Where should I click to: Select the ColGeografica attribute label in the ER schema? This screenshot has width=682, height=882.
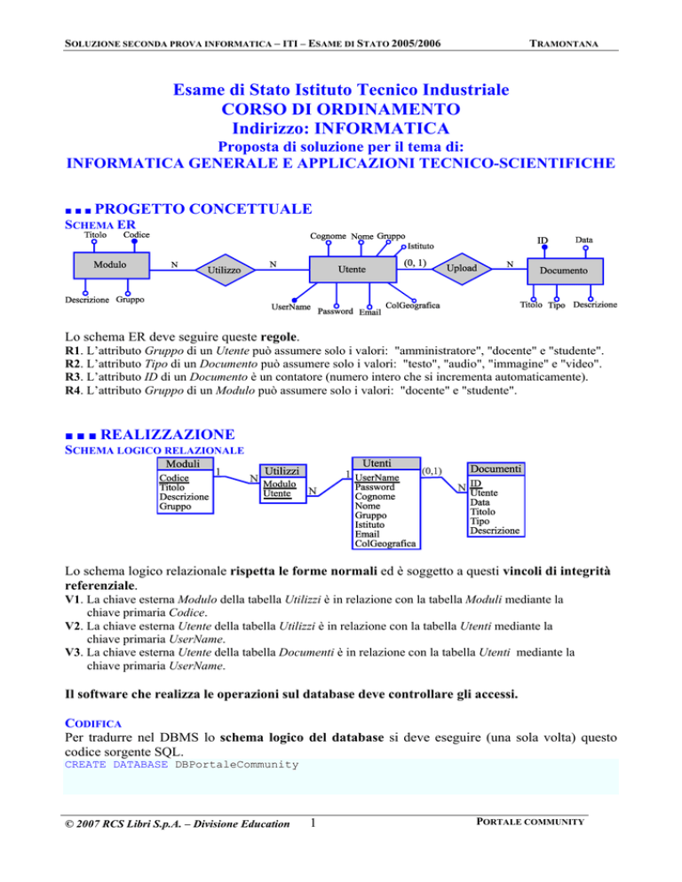pos(412,306)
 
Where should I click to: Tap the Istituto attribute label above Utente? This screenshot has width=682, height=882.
pos(421,245)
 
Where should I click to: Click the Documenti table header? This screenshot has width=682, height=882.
pos(496,468)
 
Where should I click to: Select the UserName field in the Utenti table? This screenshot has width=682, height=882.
pos(377,477)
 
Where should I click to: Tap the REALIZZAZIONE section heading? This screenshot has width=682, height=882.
pos(168,435)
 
